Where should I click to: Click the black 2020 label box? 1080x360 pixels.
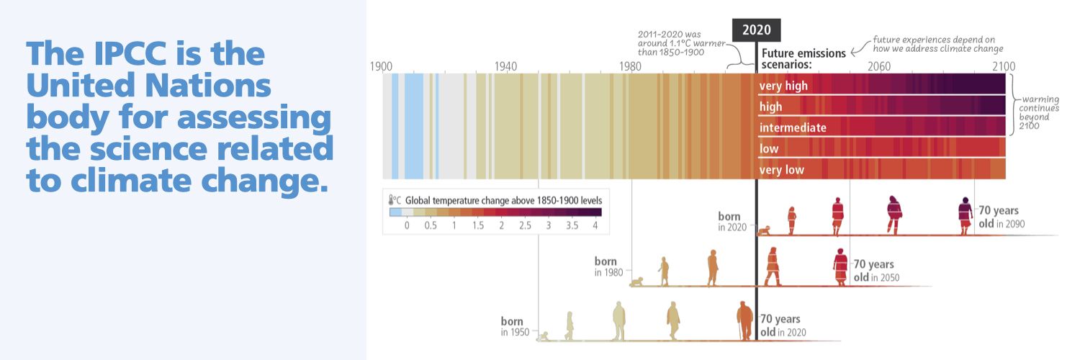click(756, 30)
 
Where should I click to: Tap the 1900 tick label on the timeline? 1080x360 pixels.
click(381, 66)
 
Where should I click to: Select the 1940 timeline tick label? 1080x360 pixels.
click(505, 66)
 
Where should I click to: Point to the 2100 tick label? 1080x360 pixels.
click(1004, 66)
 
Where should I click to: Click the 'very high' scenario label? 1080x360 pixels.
click(783, 86)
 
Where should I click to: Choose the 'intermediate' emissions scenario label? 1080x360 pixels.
click(793, 128)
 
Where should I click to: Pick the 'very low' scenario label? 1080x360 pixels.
click(782, 171)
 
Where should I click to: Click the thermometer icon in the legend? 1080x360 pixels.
click(393, 199)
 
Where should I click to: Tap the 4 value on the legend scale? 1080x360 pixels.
click(595, 226)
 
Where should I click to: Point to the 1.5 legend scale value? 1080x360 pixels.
click(477, 226)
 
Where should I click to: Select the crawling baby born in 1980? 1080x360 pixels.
click(637, 282)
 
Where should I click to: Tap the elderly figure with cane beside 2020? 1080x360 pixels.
click(744, 321)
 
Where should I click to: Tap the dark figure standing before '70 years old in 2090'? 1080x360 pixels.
click(965, 215)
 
